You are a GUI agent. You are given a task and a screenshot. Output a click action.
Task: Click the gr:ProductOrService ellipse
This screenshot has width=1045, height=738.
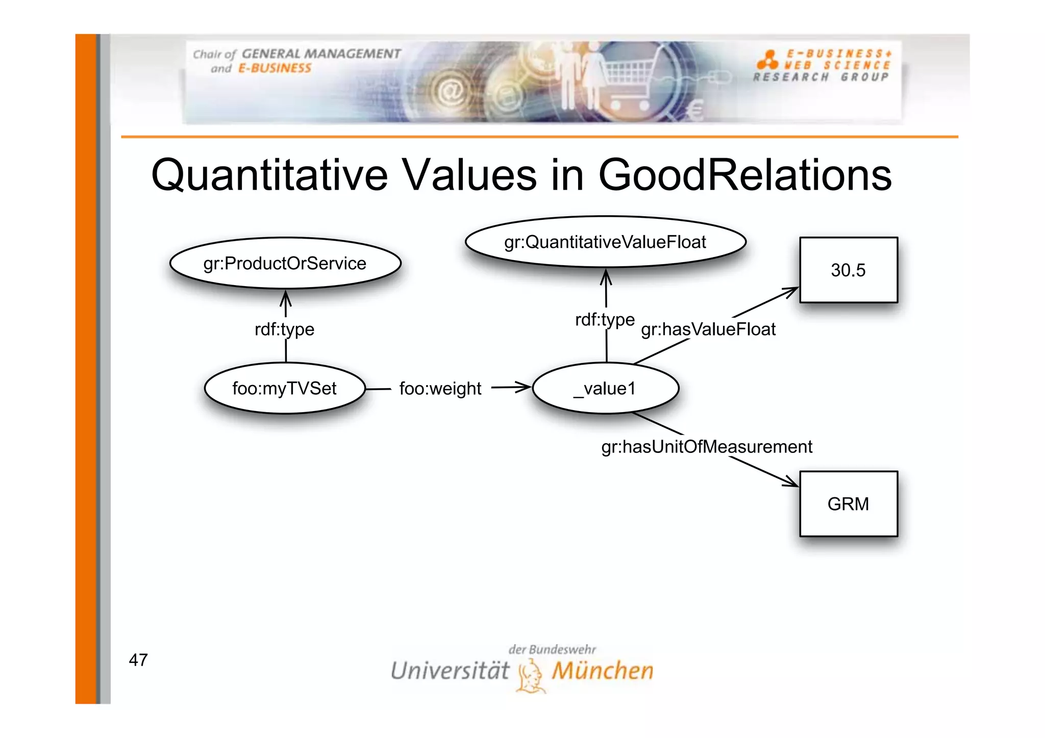(285, 263)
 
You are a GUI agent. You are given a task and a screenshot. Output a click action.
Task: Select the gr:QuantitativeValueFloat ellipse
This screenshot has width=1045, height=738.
(605, 242)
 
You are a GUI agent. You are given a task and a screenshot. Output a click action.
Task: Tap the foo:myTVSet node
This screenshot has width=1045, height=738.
(284, 388)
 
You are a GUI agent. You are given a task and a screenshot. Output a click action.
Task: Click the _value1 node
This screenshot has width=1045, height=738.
(605, 388)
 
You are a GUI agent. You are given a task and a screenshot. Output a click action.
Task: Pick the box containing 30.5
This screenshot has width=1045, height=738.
(848, 270)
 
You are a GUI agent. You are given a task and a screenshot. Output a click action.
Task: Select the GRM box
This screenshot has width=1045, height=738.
(848, 503)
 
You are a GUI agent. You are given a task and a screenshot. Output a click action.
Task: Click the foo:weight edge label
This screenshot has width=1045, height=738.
(440, 389)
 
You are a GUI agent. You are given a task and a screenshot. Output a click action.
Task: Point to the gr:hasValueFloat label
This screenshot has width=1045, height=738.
(708, 329)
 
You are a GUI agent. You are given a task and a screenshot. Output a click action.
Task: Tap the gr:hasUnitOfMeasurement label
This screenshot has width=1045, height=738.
(706, 447)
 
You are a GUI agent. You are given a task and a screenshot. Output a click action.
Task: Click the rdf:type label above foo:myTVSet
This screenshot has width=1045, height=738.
(284, 329)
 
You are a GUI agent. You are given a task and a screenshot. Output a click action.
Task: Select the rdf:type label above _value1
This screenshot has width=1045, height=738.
(605, 320)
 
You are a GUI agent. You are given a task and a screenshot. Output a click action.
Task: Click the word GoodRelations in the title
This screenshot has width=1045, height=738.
(744, 175)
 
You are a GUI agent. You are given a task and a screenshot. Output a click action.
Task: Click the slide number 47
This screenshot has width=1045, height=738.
(138, 660)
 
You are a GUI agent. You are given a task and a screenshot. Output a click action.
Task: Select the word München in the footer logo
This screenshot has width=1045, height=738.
(602, 671)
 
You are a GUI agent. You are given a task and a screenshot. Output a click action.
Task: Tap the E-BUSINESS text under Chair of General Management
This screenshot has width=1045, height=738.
(275, 68)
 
